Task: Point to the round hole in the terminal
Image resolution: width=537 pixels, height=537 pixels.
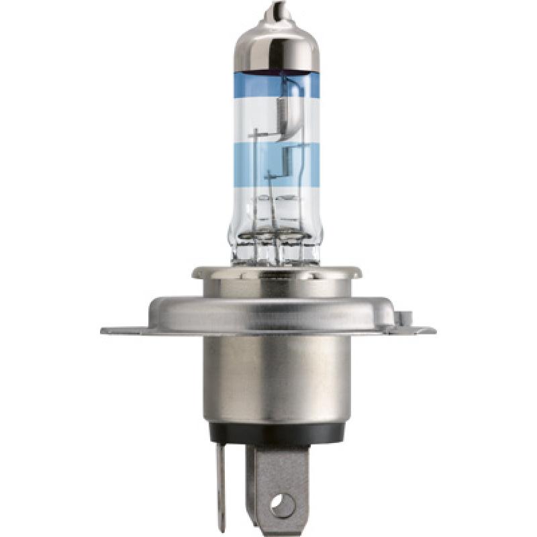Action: click(x=282, y=502)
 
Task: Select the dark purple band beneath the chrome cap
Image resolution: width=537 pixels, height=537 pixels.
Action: click(x=276, y=70)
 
